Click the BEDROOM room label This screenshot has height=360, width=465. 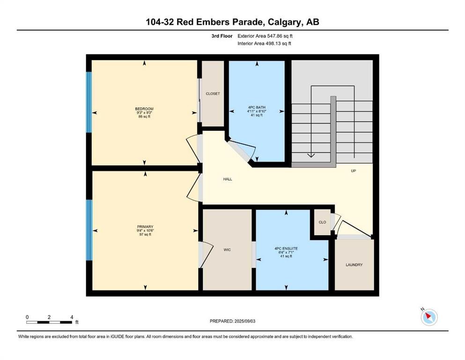[144, 109]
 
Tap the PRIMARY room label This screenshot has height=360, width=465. [145, 227]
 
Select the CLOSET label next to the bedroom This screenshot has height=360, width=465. [213, 93]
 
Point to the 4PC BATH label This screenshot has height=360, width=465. [257, 107]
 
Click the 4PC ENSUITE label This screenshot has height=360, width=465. [286, 248]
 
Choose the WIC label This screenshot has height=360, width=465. [227, 250]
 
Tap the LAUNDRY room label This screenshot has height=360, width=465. [354, 265]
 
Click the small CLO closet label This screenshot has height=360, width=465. [322, 222]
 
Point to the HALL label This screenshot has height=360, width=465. [228, 179]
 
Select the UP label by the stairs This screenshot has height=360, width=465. [353, 171]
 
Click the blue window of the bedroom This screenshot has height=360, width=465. [89, 102]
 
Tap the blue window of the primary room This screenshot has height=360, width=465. [89, 230]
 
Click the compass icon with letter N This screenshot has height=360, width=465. [429, 317]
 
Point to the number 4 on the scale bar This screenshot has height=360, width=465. [72, 317]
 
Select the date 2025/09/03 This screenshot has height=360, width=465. [245, 321]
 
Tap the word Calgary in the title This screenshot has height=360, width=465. [284, 22]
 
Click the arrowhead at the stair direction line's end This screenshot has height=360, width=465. [311, 155]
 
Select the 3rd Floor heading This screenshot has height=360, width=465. [222, 36]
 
